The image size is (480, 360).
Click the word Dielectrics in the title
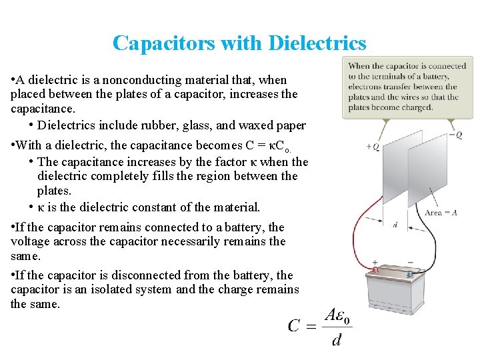point(317,43)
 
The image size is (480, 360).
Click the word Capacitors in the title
point(163,43)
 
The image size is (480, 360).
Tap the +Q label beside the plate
point(373,147)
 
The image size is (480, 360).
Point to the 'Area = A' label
point(441,212)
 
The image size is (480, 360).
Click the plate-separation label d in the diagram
point(395,225)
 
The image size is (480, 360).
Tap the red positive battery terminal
point(375,271)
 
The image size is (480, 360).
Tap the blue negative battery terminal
point(409,273)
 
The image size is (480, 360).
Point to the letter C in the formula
point(295,325)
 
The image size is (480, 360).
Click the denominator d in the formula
point(337,340)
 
